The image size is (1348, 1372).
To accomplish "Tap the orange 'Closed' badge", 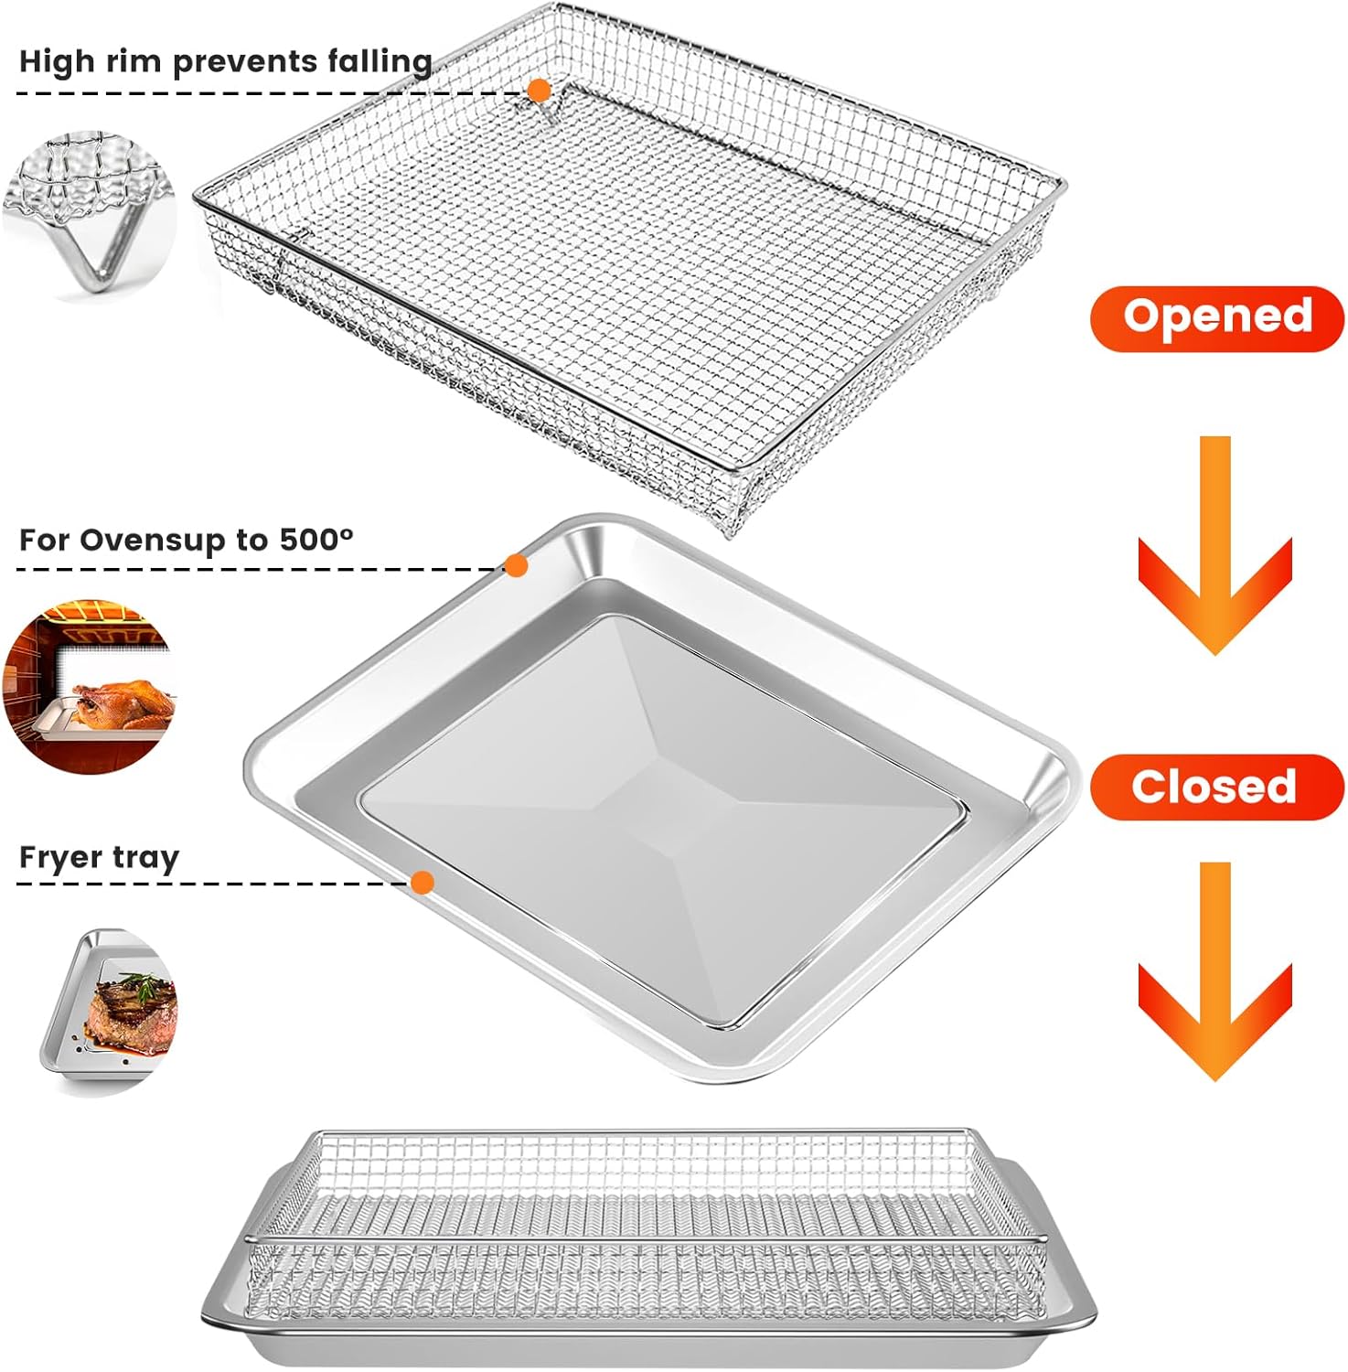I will pos(1216,787).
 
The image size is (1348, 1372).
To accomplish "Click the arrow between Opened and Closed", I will pos(1214,549).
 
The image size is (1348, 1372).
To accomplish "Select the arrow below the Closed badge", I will pos(1214,974).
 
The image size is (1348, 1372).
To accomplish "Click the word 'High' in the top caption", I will pos(56,62).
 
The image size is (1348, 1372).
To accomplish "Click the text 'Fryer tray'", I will pos(99,858).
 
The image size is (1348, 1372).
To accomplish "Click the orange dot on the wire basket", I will pos(539,91).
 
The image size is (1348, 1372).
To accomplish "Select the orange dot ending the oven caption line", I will pos(517,566).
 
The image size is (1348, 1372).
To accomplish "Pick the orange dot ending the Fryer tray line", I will pos(422,883).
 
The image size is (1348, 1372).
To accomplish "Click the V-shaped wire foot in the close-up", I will pos(101,261).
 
